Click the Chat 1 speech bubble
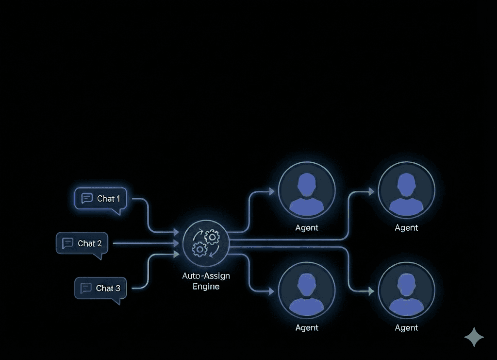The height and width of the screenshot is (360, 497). pos(101,199)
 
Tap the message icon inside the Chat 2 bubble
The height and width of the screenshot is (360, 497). pos(68,243)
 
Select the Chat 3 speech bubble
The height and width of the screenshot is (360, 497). pos(100,288)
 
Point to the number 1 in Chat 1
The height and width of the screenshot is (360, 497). pos(118,199)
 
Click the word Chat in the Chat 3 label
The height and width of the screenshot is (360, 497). pos(104,288)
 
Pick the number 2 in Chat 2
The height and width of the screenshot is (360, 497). pos(99,243)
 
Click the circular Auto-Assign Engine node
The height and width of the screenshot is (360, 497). pos(206,243)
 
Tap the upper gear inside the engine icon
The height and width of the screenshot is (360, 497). pos(212,237)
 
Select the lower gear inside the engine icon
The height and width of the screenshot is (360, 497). pos(199,250)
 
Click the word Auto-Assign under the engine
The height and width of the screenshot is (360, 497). pos(206,276)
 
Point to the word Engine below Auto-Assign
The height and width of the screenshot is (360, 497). pos(206,287)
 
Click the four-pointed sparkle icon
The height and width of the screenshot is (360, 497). pos(474,337)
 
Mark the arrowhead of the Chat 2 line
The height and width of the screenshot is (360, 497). pos(176,243)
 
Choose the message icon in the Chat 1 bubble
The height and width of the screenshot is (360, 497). pos(87,198)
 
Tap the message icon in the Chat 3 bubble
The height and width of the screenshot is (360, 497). pos(86,288)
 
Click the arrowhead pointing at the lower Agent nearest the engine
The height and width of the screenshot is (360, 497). pos(271,291)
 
